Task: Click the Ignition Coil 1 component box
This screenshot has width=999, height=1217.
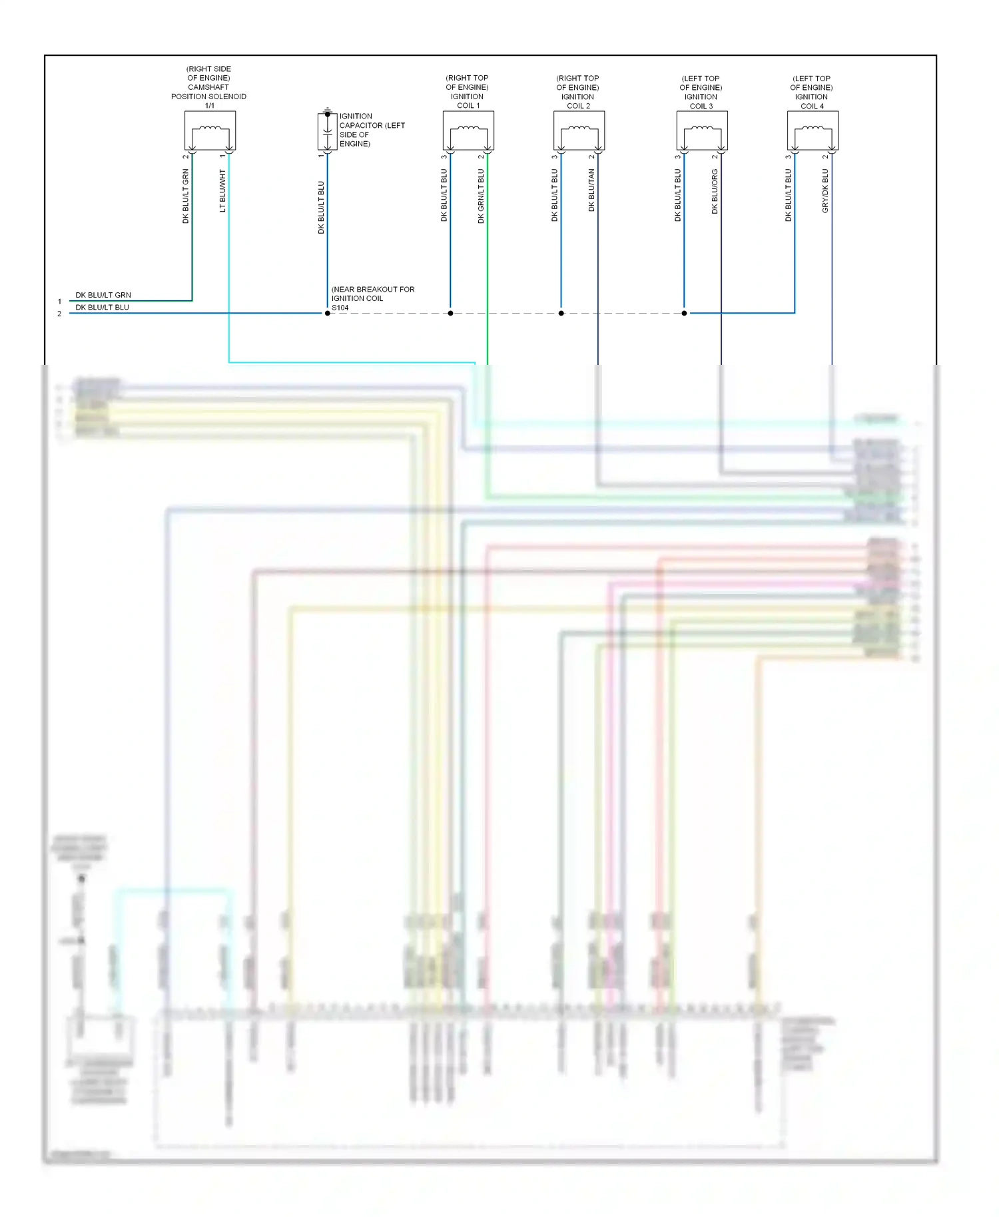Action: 468,130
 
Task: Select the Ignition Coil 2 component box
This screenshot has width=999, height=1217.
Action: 579,130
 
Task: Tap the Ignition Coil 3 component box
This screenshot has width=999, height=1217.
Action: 702,130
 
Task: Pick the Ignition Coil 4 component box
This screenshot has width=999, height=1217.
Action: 813,130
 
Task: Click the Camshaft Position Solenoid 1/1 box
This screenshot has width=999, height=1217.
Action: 210,130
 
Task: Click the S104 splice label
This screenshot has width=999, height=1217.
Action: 340,308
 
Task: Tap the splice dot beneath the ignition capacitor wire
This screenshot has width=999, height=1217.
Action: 327,313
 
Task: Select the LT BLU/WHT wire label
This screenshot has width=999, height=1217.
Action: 222,191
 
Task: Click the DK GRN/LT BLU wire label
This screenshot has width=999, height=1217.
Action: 481,196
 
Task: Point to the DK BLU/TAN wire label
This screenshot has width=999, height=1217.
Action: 591,190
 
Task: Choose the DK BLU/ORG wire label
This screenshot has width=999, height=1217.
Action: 715,191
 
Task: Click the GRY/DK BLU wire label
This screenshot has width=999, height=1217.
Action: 825,191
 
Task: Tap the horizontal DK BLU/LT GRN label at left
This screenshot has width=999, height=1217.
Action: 103,295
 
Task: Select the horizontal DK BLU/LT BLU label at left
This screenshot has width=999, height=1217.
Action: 102,308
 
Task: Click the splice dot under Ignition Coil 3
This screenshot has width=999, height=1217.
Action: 684,313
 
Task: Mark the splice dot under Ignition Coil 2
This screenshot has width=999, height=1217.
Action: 561,313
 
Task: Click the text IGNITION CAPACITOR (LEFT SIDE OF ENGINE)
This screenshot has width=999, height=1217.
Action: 371,130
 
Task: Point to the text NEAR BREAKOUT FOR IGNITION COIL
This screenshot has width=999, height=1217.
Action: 372,294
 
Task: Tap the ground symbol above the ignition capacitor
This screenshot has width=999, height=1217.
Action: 327,109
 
